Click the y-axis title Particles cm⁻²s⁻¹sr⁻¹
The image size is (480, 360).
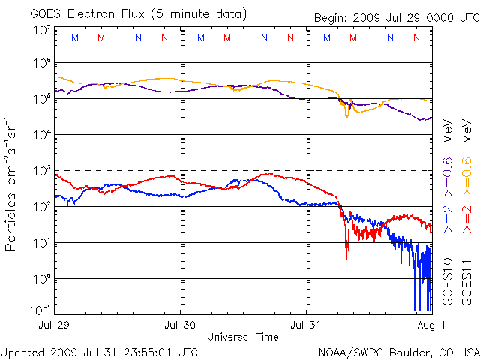(x=12, y=184)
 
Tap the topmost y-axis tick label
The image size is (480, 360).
(x=42, y=30)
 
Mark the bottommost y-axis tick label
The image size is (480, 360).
(x=40, y=310)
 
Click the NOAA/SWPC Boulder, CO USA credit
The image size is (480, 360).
(x=397, y=352)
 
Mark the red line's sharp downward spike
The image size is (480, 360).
(x=346, y=253)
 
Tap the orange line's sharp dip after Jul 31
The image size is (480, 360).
(x=346, y=114)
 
